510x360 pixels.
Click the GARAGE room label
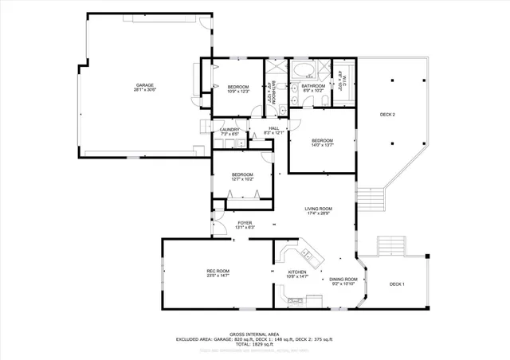pyautogui.click(x=144, y=84)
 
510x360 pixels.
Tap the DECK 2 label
pyautogui.click(x=387, y=115)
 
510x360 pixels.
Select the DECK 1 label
pyautogui.click(x=397, y=284)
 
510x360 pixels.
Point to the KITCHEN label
pyautogui.click(x=296, y=272)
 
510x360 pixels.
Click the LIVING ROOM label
pyautogui.click(x=319, y=209)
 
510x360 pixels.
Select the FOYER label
pyautogui.click(x=245, y=223)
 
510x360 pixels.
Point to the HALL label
pyautogui.click(x=273, y=128)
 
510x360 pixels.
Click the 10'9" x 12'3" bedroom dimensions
pyautogui.click(x=238, y=92)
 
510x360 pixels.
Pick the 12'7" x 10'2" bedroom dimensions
pyautogui.click(x=242, y=179)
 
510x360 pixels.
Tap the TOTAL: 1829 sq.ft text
pyautogui.click(x=253, y=343)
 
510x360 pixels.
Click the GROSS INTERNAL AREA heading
pyautogui.click(x=253, y=334)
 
